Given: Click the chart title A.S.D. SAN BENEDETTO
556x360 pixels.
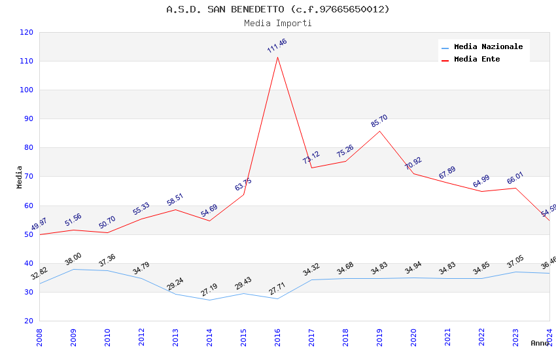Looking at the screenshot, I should pyautogui.click(x=277, y=9).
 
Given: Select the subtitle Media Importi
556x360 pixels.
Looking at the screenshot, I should pyautogui.click(x=277, y=23).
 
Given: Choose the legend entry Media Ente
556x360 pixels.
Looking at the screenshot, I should pyautogui.click(x=477, y=59).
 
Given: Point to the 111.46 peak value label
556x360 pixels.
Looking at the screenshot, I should pyautogui.click(x=277, y=46).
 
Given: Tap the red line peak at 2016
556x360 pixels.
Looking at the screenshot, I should pyautogui.click(x=277, y=57).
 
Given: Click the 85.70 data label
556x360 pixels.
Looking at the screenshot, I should pyautogui.click(x=379, y=121).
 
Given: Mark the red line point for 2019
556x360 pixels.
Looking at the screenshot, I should pyautogui.click(x=379, y=131).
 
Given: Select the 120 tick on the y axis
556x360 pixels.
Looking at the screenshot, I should pyautogui.click(x=27, y=32).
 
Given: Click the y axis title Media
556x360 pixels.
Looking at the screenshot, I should pyautogui.click(x=20, y=177).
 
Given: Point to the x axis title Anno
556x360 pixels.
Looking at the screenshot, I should pyautogui.click(x=539, y=343).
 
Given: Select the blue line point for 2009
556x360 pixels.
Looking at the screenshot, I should pyautogui.click(x=73, y=269).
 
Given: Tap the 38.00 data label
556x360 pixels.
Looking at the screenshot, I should pyautogui.click(x=73, y=259).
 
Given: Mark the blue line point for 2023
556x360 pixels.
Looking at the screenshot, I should pyautogui.click(x=515, y=272).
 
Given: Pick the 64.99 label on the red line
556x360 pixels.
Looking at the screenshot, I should pyautogui.click(x=481, y=181).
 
